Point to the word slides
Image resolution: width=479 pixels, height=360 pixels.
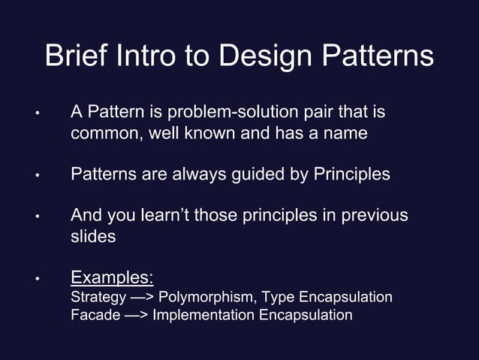93,236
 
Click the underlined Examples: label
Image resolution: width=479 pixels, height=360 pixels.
112,277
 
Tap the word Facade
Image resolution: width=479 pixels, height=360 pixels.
95,315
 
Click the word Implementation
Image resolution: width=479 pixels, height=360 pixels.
203,315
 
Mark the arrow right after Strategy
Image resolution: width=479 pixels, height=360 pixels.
140,298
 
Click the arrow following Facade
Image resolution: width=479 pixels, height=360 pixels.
136,315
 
